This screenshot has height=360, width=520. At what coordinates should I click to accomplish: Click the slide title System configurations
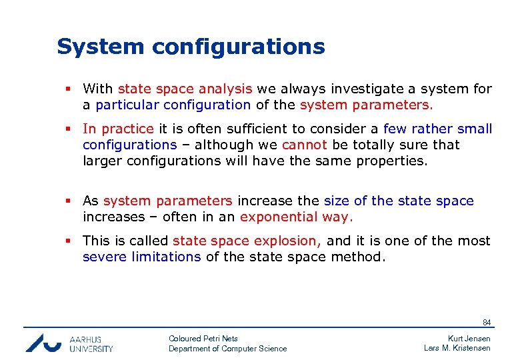[x=191, y=47]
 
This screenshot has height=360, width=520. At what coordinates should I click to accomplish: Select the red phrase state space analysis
[x=185, y=89]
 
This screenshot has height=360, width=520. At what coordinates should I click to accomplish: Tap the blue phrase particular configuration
[x=173, y=105]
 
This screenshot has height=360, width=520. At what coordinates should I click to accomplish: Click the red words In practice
[x=118, y=129]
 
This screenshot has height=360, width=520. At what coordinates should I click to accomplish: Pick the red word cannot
[x=304, y=145]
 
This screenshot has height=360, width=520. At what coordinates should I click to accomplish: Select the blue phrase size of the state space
[x=399, y=201]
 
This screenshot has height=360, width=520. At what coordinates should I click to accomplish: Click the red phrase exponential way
[x=297, y=217]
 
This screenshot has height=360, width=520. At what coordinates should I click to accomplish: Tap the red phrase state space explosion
[x=247, y=241]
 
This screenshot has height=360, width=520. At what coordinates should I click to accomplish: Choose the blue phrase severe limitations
[x=141, y=257]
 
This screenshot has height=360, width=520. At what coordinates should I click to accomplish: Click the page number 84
[x=487, y=323]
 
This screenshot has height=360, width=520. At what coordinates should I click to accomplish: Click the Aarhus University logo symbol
[x=44, y=343]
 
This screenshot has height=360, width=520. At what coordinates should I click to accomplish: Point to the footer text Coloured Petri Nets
[x=203, y=339]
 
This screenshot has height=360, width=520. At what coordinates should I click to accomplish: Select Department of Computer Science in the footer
[x=227, y=349]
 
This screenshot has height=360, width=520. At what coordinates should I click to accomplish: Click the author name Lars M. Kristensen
[x=457, y=348]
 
